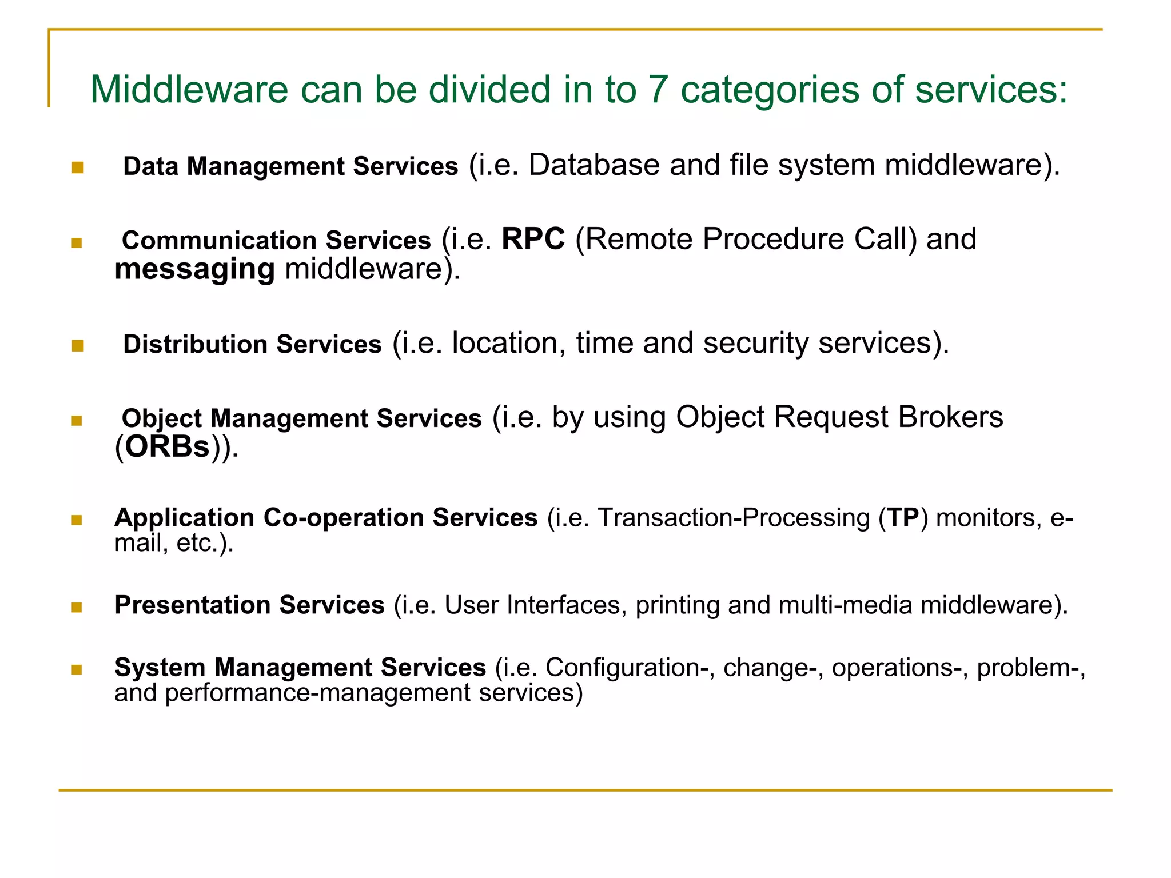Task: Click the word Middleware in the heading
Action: pyautogui.click(x=189, y=90)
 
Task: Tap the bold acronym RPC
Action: pyautogui.click(x=533, y=239)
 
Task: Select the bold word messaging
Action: pyautogui.click(x=194, y=269)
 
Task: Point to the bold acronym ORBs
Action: pyautogui.click(x=167, y=447)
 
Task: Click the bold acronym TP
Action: pyautogui.click(x=903, y=518)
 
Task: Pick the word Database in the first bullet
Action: pyautogui.click(x=594, y=165)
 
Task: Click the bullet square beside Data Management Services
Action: pyautogui.click(x=78, y=167)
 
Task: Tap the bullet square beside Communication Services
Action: pyautogui.click(x=77, y=243)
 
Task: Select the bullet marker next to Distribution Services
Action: pyautogui.click(x=78, y=346)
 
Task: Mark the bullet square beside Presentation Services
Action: pyautogui.click(x=77, y=607)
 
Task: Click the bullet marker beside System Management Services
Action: pyautogui.click(x=77, y=669)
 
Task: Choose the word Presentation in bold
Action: pyautogui.click(x=192, y=605)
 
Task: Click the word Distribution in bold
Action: pyautogui.click(x=195, y=345)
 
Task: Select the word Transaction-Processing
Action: pyautogui.click(x=734, y=518)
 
